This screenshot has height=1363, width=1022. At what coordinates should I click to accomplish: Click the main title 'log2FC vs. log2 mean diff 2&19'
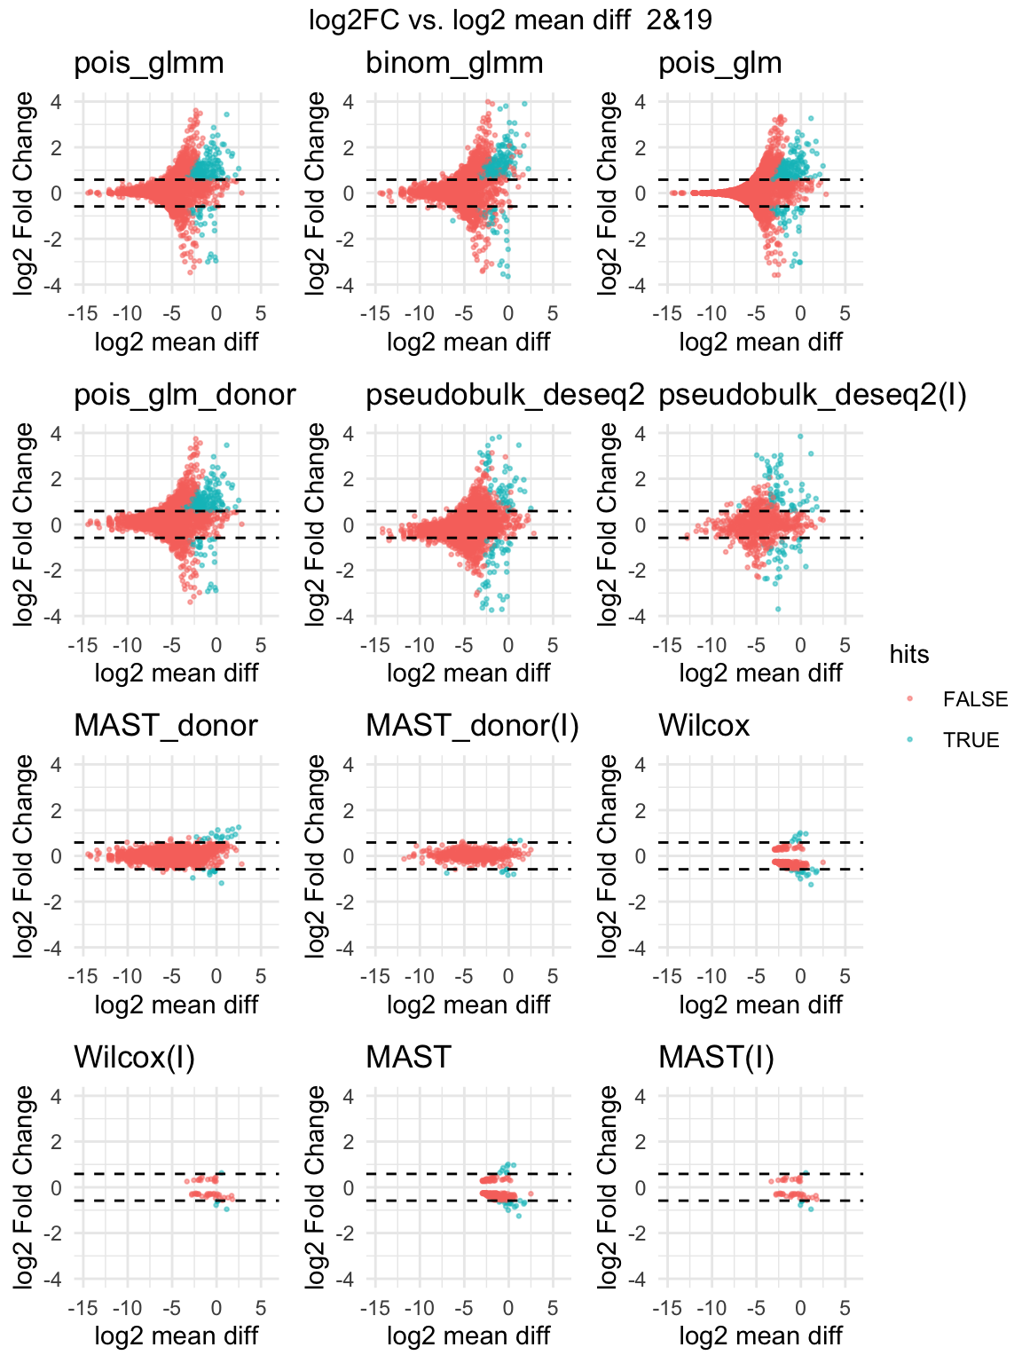point(510,20)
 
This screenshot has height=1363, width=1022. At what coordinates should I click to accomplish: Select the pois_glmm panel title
point(148,63)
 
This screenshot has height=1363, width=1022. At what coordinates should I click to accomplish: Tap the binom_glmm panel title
point(454,63)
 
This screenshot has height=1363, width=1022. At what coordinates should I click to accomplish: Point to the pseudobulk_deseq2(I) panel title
point(812,395)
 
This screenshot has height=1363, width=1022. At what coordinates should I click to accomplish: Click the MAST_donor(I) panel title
point(472,726)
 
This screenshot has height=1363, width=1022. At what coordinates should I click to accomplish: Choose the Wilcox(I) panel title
point(134,1057)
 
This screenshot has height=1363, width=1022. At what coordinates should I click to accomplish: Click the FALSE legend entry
point(975,699)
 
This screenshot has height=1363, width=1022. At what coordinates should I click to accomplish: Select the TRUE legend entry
point(971,740)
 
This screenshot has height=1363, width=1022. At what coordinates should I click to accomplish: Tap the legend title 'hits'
point(909,655)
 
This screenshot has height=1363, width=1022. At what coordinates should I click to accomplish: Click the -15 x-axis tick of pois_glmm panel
point(83,313)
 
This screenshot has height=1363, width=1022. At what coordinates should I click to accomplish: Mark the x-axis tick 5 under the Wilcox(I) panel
point(260,1307)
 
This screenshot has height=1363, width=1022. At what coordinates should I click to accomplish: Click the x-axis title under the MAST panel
point(468,1335)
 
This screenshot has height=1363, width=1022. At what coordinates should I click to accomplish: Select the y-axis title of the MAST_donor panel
point(23,856)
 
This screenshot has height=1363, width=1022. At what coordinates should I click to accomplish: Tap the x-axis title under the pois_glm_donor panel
point(176,673)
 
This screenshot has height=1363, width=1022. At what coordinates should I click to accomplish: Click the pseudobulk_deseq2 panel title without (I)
point(505,395)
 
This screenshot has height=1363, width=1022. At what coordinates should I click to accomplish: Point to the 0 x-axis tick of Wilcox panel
point(800,976)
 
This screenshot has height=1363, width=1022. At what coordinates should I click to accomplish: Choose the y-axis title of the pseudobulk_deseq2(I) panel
point(608,524)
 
